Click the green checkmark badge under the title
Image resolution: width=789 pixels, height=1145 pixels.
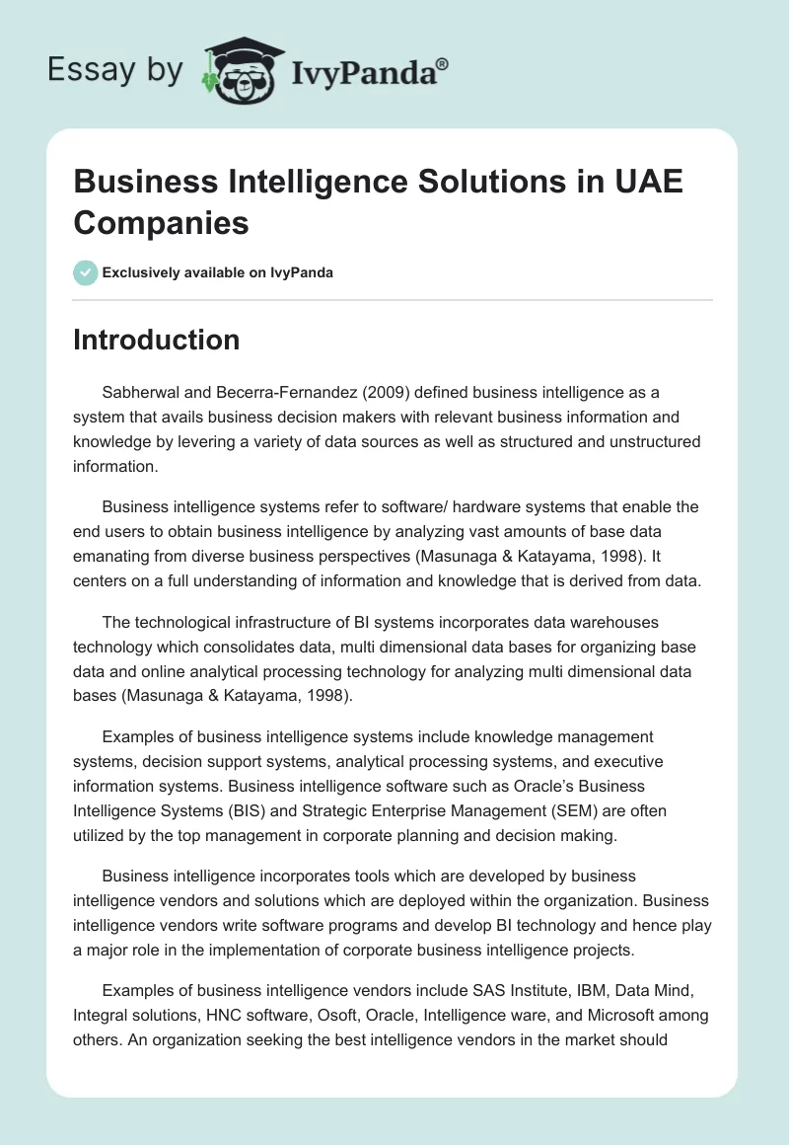(x=86, y=272)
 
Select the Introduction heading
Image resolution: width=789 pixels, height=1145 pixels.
(x=156, y=340)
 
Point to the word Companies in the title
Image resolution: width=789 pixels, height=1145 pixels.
(x=161, y=223)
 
